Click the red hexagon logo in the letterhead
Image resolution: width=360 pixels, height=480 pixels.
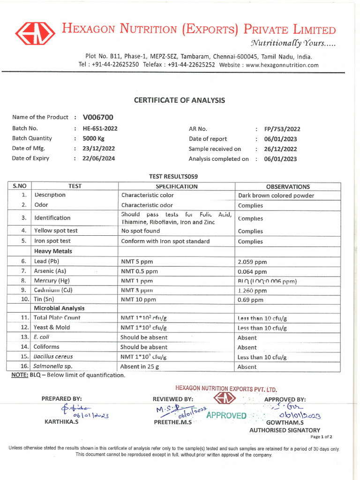[x=35, y=33]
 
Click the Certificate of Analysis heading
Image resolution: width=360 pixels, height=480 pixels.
[x=180, y=100]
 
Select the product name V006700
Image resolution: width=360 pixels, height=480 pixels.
[x=98, y=117]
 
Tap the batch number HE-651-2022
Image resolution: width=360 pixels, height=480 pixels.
[x=100, y=128]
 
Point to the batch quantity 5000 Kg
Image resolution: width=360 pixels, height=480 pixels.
[x=94, y=139]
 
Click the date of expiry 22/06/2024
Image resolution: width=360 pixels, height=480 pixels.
[x=98, y=158]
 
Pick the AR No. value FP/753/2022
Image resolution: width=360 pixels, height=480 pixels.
[x=282, y=129]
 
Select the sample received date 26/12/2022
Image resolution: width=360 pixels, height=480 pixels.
[x=280, y=149]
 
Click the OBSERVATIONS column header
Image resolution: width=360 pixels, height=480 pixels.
[x=288, y=187]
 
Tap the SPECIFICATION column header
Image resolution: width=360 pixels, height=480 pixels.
[x=176, y=187]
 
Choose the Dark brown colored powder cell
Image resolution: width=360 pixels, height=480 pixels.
[x=276, y=195]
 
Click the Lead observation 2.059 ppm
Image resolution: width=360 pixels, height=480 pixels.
[x=252, y=262]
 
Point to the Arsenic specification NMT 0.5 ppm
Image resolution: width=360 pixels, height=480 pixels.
[x=140, y=271]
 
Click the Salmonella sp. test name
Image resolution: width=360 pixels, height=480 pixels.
[x=53, y=367]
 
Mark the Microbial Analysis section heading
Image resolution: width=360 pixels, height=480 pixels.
[x=59, y=308]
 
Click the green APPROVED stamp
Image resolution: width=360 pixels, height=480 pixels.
[x=226, y=415]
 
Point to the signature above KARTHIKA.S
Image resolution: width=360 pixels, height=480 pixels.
[x=80, y=411]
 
